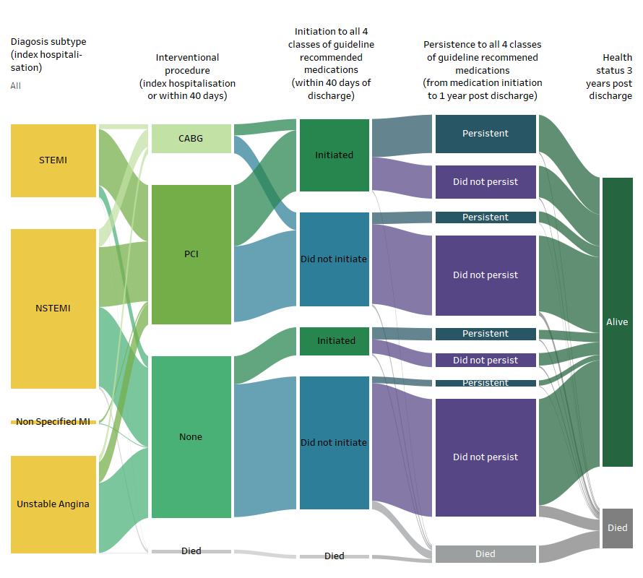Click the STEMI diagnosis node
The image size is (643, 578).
[53, 160]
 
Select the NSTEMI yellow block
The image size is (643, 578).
[53, 309]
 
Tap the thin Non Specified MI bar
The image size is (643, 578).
[53, 422]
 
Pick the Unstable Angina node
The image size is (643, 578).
[53, 504]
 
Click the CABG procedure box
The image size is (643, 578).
[191, 139]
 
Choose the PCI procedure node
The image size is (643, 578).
[191, 254]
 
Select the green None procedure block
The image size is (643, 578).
[191, 437]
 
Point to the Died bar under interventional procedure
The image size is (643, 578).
[191, 551]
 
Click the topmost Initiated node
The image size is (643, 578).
[334, 155]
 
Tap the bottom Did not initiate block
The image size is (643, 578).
[334, 443]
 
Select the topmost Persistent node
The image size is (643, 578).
[486, 134]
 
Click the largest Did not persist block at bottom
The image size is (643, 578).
[486, 457]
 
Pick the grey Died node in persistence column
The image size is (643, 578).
[486, 554]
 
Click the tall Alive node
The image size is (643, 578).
[617, 322]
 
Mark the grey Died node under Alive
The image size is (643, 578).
[617, 528]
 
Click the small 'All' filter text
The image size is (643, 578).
[15, 86]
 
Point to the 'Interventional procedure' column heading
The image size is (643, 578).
[187, 77]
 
